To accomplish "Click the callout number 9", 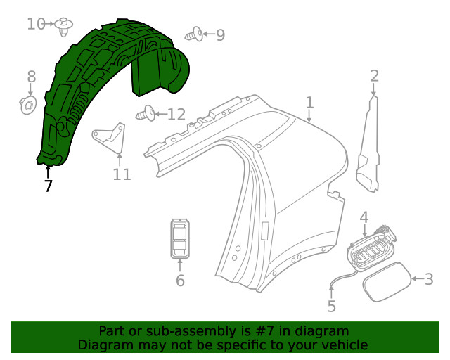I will tap(220, 34).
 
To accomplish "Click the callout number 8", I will tap(31, 76).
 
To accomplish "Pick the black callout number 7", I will tap(48, 186).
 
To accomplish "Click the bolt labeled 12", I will tap(147, 112).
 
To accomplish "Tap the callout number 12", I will tap(176, 114).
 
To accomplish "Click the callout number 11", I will tap(122, 174).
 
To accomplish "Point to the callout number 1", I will tap(309, 104).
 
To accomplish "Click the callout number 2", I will tap(375, 76).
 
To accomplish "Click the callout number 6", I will tap(180, 281).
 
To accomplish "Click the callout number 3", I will tap(428, 279).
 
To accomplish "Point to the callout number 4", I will tap(364, 217).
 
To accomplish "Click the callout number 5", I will tap(332, 307).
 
